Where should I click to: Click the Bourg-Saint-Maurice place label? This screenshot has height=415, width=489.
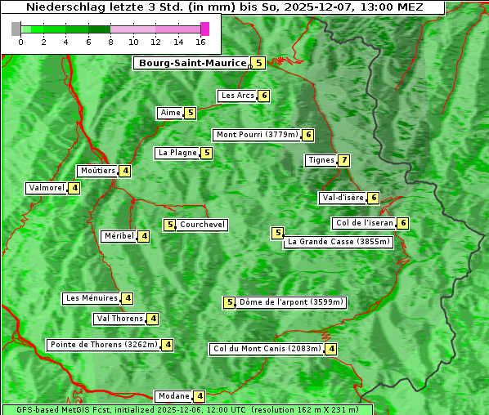click(x=192, y=63)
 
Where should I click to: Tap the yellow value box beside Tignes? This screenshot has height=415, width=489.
click(x=344, y=160)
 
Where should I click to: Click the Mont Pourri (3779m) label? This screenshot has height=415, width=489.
click(x=256, y=135)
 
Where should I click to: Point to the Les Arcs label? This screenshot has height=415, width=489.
click(x=237, y=96)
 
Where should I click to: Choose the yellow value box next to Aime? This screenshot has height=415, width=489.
click(x=190, y=113)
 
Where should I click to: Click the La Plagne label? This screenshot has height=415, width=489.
click(x=177, y=153)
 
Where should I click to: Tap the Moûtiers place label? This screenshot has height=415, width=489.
click(x=97, y=171)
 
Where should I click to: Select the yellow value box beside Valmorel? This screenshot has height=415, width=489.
click(x=74, y=188)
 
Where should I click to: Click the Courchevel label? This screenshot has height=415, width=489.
click(x=202, y=225)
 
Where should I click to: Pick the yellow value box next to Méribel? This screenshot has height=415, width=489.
click(x=144, y=236)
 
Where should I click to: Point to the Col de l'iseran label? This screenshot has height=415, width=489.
click(x=363, y=223)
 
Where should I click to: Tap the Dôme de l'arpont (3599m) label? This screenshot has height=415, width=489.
click(x=291, y=302)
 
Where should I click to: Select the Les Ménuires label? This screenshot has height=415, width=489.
click(x=92, y=298)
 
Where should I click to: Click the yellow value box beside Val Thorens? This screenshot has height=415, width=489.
click(x=153, y=319)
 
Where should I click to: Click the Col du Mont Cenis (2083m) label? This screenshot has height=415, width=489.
click(x=266, y=349)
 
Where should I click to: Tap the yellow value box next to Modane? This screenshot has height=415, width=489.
click(x=200, y=396)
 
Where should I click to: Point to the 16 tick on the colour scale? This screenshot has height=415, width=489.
click(x=201, y=42)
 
